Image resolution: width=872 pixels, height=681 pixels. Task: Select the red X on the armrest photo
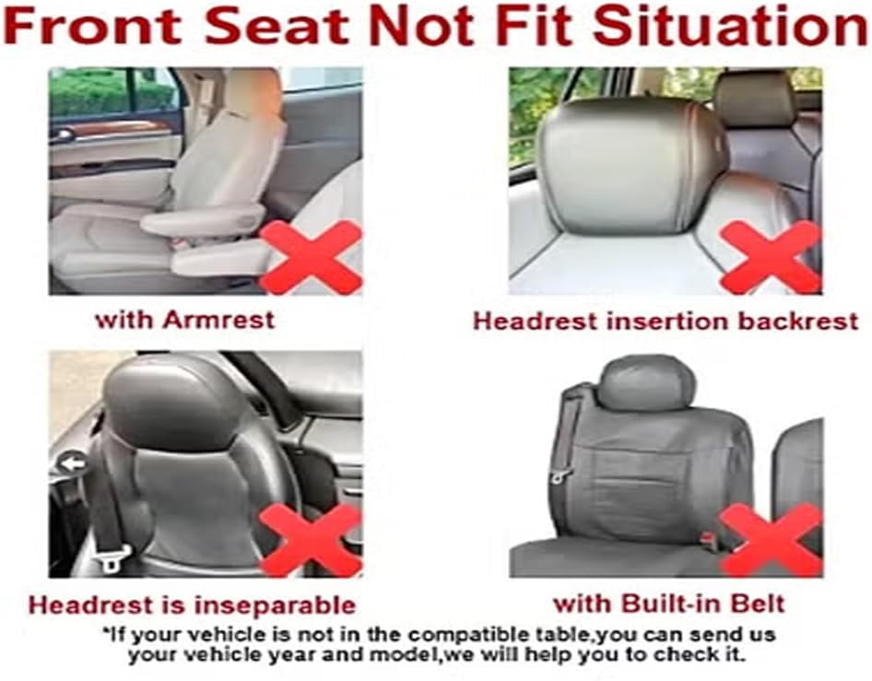pos(311,257)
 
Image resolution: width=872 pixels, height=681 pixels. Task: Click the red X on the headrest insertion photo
pos(771,257)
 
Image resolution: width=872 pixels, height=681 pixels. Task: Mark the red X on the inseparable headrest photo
pos(311,540)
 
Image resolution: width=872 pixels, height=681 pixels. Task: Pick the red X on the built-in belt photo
pos(771,540)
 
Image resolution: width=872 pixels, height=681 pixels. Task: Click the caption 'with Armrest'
pos(185,320)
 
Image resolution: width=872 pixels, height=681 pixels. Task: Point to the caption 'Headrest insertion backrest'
pos(666,322)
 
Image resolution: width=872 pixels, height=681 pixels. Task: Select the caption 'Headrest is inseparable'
pos(192,605)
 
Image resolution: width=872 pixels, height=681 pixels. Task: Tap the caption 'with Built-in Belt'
pos(669,604)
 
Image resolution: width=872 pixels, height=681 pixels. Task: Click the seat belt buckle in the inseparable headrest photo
pos(112,558)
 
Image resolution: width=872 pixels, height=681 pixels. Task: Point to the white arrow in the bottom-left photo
pos(73,463)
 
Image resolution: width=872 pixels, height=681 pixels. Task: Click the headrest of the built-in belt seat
pos(647,384)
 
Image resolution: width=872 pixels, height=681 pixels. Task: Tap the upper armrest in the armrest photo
pos(202,218)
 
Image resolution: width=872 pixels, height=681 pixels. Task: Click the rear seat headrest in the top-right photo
pos(755,100)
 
